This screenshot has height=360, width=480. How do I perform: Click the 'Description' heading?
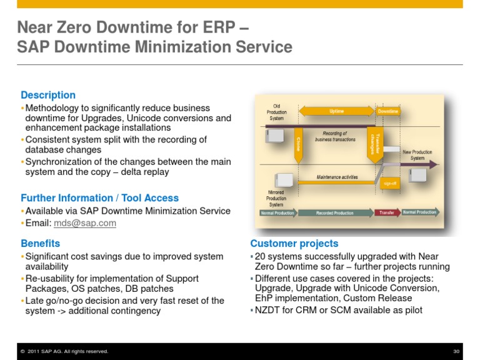click(x=48, y=95)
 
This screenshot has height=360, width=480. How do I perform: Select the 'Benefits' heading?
click(x=41, y=243)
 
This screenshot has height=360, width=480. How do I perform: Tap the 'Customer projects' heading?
click(x=294, y=243)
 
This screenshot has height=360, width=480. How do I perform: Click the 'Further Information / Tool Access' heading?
click(x=100, y=197)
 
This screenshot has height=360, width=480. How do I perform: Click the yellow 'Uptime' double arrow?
click(x=336, y=112)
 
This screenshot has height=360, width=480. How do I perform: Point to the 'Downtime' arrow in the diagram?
click(x=388, y=112)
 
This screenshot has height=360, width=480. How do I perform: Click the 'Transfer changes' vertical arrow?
click(x=375, y=144)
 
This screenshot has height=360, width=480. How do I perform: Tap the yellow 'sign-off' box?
click(x=389, y=183)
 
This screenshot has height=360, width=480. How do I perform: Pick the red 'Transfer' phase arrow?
click(x=387, y=212)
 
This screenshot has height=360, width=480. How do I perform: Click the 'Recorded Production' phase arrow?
click(x=335, y=212)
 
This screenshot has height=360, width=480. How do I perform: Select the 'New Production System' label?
click(x=417, y=155)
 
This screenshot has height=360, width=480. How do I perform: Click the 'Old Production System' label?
click(x=276, y=112)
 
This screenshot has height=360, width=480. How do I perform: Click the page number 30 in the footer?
click(x=456, y=351)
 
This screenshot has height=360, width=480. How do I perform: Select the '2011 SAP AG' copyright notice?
click(x=64, y=351)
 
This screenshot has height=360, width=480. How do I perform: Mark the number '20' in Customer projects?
click(x=261, y=256)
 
